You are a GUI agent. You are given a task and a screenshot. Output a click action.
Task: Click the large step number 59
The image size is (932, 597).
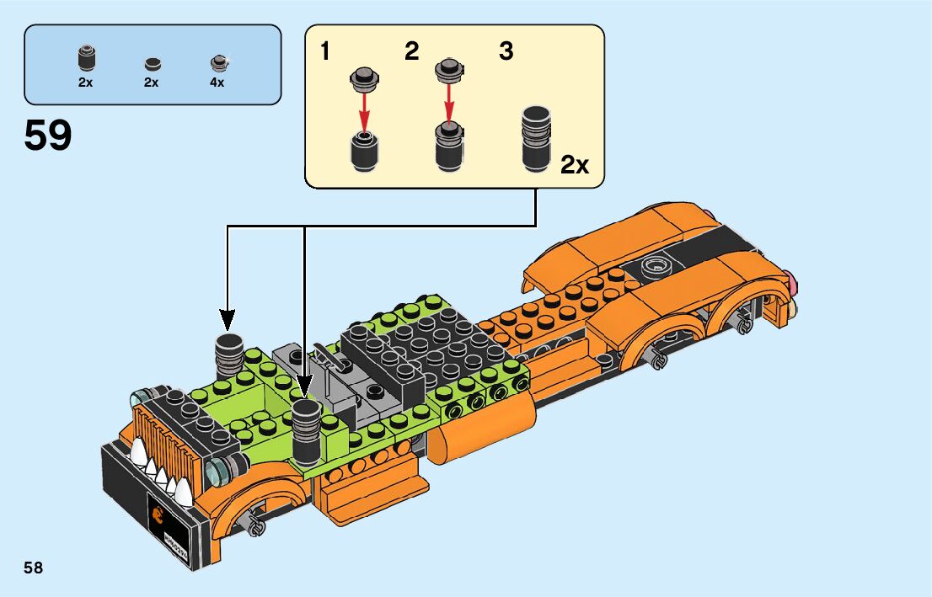pyautogui.click(x=48, y=136)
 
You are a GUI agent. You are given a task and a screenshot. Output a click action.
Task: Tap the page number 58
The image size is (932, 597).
pyautogui.click(x=34, y=568)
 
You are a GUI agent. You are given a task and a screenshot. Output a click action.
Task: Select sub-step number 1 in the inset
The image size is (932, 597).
pyautogui.click(x=324, y=52)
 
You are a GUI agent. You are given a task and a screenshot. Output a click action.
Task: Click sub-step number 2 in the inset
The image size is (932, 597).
pyautogui.click(x=411, y=52)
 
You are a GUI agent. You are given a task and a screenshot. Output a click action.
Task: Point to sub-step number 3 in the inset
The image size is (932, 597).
pyautogui.click(x=506, y=52)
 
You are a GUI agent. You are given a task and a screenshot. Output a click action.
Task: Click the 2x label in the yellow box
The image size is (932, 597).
pyautogui.click(x=575, y=165)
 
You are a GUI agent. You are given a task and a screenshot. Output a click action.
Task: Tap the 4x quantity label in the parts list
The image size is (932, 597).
pyautogui.click(x=217, y=83)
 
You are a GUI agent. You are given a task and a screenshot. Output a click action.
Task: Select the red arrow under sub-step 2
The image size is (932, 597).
pyautogui.click(x=449, y=105)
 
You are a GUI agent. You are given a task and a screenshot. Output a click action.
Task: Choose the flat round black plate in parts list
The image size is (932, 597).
pyautogui.click(x=152, y=63)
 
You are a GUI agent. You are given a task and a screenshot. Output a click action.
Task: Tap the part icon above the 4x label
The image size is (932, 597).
pyautogui.click(x=218, y=61)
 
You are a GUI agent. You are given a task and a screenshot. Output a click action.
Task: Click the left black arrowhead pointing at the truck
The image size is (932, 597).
pyautogui.click(x=228, y=319)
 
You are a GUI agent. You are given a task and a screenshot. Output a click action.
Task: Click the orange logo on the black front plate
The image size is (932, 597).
pyautogui.click(x=157, y=513)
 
